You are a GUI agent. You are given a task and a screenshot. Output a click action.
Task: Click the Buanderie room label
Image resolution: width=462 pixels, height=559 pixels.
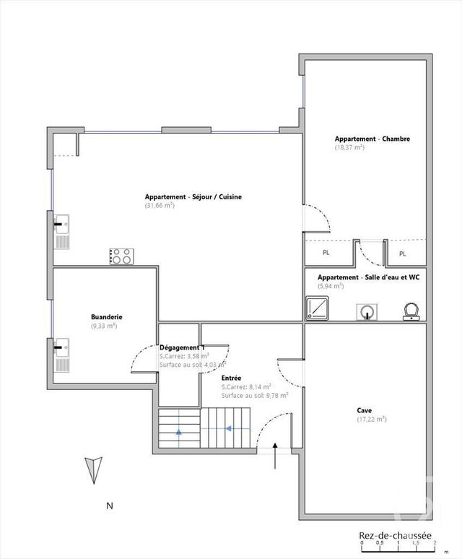[106, 317]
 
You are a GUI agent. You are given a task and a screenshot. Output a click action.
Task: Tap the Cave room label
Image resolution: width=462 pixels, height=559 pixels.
[365, 410]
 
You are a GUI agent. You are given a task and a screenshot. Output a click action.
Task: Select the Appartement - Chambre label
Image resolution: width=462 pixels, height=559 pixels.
[372, 139]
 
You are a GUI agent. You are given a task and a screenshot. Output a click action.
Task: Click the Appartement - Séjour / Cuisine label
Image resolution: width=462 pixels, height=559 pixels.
[193, 197]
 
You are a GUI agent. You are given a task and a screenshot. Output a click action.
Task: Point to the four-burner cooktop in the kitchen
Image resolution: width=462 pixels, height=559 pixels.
[121, 256]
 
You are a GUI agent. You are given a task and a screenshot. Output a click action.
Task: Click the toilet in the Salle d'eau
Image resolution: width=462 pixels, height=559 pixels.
[411, 311]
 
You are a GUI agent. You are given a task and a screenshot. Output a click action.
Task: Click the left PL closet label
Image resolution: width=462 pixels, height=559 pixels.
[326, 253]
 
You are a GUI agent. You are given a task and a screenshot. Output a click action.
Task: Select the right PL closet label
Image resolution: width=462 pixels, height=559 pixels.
[403, 253]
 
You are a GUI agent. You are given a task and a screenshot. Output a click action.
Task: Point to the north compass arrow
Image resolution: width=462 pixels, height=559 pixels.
[92, 470]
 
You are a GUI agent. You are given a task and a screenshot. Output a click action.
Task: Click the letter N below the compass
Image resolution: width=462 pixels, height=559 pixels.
[110, 506]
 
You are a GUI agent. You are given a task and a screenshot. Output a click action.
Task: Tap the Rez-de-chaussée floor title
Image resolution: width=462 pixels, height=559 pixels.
[396, 536]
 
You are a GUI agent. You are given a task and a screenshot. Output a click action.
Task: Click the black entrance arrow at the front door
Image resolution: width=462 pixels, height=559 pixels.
[276, 458]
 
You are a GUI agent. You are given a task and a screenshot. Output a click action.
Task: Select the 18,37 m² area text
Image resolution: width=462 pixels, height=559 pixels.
[349, 147]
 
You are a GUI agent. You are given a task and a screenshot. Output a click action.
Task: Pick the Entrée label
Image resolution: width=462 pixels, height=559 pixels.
[231, 378]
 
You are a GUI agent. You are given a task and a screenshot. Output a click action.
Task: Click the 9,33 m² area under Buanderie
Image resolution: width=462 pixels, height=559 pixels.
[104, 326]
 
